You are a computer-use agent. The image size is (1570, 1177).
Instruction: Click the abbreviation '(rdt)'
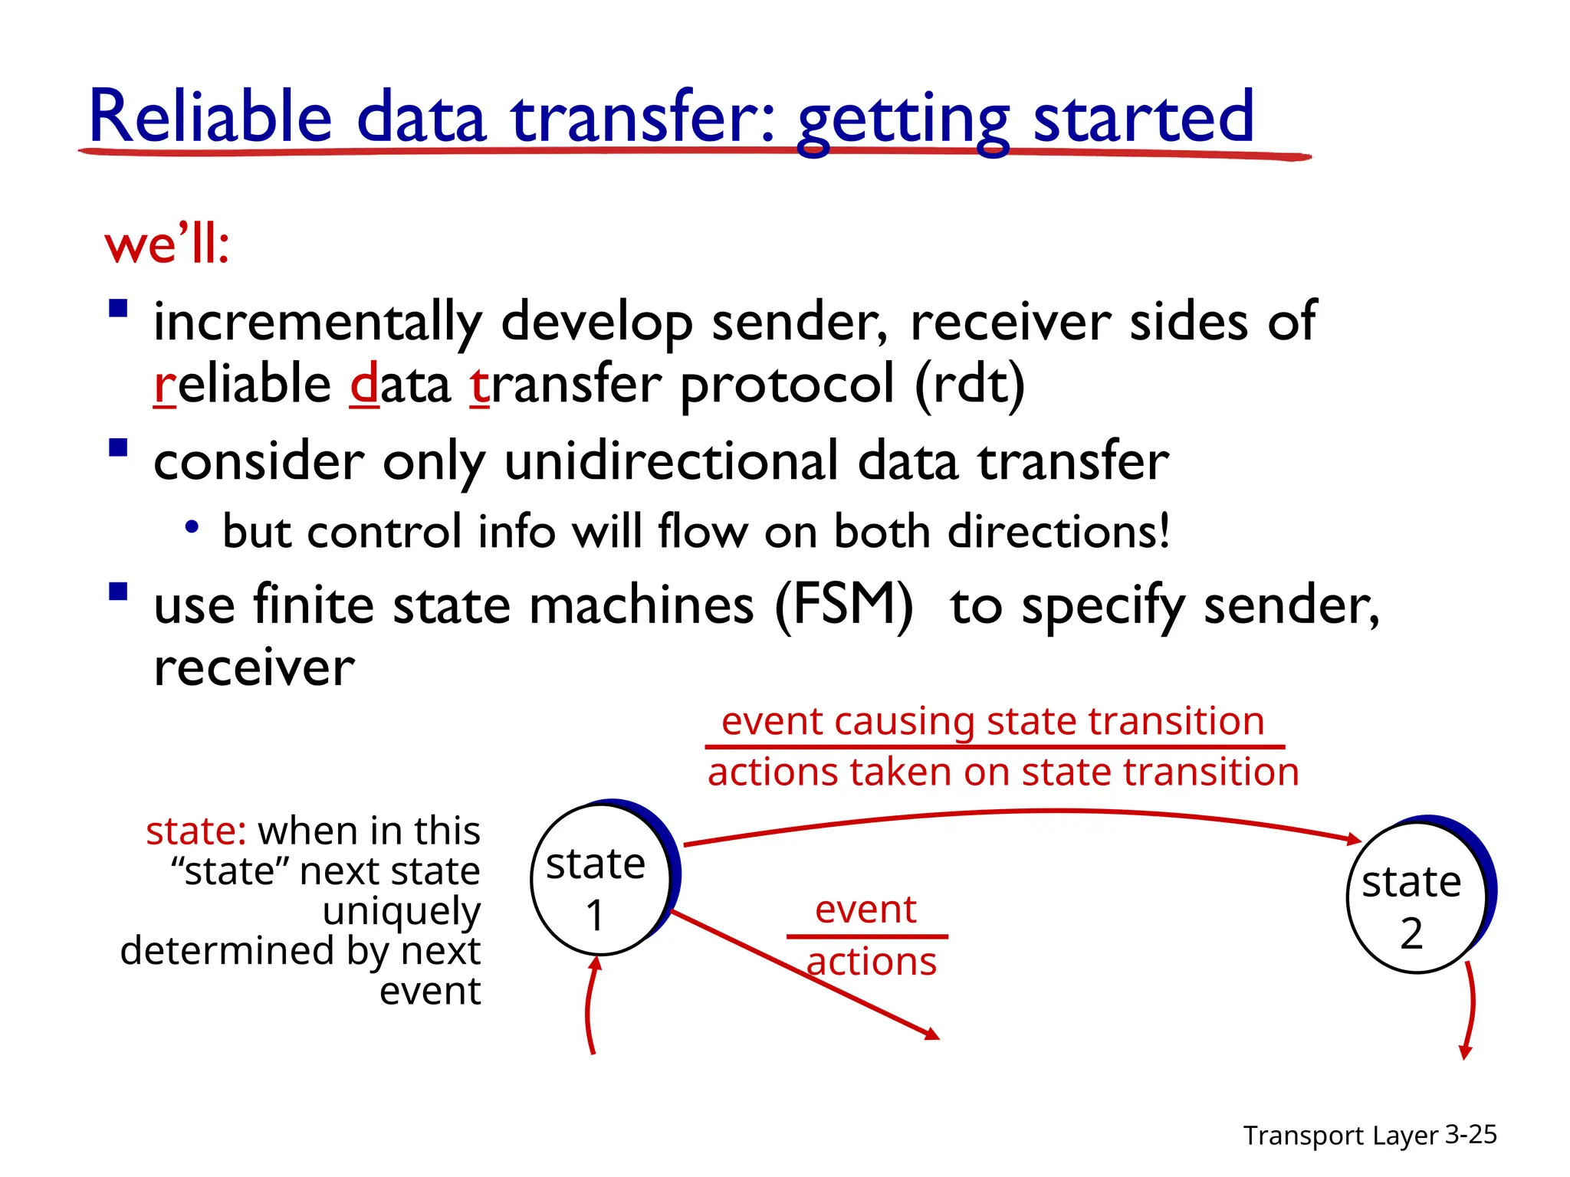click(x=970, y=385)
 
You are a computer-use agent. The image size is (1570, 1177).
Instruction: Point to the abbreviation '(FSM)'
click(x=843, y=605)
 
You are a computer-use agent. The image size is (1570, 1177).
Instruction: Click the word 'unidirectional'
click(x=672, y=462)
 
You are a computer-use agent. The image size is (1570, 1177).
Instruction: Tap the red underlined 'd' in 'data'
click(x=364, y=385)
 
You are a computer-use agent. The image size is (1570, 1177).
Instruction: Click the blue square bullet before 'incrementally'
click(x=118, y=309)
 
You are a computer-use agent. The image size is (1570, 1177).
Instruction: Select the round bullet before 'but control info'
click(x=192, y=527)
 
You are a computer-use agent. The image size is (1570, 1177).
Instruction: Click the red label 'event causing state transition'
click(x=993, y=722)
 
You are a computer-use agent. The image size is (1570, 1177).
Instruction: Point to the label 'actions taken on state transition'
click(x=1003, y=772)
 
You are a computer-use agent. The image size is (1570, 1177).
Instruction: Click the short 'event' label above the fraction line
click(x=865, y=910)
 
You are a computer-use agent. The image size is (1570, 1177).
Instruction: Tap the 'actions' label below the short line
click(x=872, y=962)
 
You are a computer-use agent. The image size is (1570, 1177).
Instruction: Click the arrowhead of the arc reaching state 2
click(x=1354, y=840)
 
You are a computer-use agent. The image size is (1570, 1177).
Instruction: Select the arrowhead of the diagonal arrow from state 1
click(x=932, y=1034)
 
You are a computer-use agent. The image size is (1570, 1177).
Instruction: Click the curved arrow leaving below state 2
click(x=1471, y=1011)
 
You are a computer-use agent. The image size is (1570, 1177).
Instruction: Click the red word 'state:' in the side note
click(x=196, y=831)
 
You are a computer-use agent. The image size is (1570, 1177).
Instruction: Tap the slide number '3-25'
click(x=1470, y=1135)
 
